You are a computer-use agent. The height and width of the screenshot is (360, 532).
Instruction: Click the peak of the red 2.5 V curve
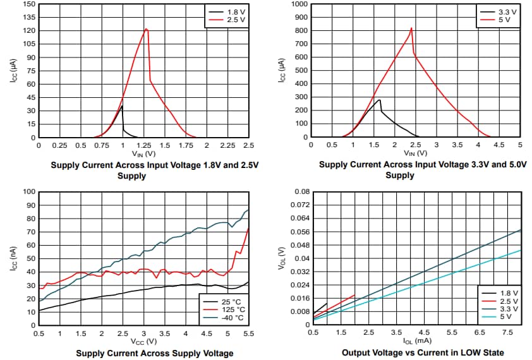pos(147,29)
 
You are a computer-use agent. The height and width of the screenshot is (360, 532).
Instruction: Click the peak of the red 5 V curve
pos(411,28)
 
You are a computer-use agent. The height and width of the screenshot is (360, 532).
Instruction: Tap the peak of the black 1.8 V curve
pos(122,106)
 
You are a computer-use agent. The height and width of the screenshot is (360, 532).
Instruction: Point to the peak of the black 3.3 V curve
pos(379,100)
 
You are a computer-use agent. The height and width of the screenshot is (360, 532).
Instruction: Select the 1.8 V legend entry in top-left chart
pos(226,12)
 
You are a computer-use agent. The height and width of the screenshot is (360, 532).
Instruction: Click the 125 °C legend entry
pos(225,309)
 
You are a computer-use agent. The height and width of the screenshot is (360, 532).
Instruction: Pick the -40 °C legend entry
pos(225,318)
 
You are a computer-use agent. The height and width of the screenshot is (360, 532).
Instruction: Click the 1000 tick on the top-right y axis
pos(298,4)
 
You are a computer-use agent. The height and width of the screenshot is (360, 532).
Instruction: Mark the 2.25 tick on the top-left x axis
pos(227,145)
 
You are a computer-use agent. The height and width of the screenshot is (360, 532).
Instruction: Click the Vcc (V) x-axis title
pos(143,341)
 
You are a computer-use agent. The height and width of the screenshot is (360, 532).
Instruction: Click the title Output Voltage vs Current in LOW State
pos(423,353)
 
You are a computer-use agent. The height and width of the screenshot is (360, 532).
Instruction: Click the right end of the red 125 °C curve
pos(248,229)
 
